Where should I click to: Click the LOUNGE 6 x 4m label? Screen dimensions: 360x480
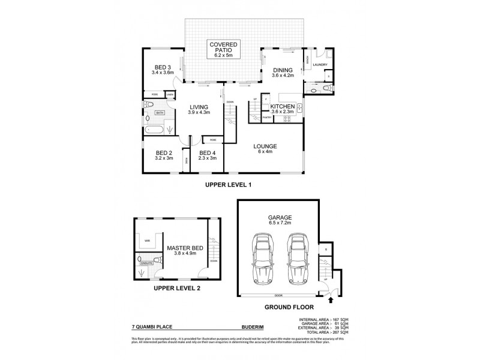tap(265, 148)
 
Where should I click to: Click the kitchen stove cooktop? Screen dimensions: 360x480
tap(286, 118)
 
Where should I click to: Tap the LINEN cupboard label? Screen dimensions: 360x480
tap(170, 95)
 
